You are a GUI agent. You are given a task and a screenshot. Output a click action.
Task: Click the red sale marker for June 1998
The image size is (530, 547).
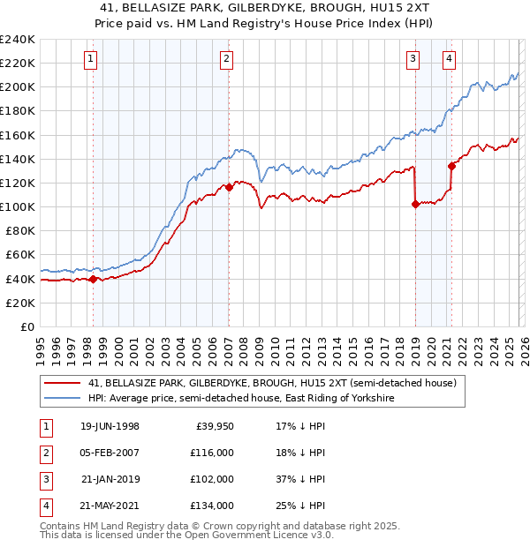click(94, 279)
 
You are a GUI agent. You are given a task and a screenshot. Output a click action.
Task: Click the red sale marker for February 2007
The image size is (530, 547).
click(229, 187)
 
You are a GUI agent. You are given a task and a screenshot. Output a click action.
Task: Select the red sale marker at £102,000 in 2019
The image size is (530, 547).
click(415, 204)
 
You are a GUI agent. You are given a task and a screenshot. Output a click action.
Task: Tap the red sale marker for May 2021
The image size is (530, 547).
click(451, 165)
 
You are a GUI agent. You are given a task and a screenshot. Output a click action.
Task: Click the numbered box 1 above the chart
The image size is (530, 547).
click(92, 59)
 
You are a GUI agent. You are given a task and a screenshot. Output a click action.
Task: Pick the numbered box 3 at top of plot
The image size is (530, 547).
click(413, 59)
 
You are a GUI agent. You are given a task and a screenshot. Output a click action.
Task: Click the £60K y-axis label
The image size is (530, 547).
click(20, 255)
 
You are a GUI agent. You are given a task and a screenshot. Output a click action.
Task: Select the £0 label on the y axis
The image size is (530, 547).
click(27, 326)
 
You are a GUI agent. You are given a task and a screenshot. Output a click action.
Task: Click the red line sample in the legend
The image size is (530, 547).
click(63, 383)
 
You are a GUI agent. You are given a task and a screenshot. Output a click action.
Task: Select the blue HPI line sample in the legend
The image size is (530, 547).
click(63, 398)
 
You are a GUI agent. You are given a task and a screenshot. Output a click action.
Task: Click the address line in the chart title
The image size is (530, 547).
click(265, 7)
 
